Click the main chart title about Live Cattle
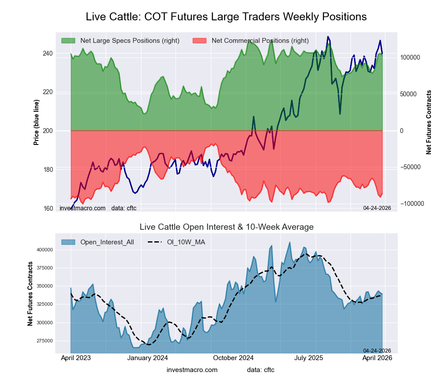point(226,17)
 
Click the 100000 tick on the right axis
point(409,57)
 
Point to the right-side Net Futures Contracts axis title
point(429,122)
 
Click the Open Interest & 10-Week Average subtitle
point(226,227)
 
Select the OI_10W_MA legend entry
point(186,242)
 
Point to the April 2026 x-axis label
point(381,358)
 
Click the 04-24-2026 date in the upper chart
point(377,208)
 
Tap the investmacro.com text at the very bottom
point(192,369)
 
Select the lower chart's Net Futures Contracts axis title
point(30,294)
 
